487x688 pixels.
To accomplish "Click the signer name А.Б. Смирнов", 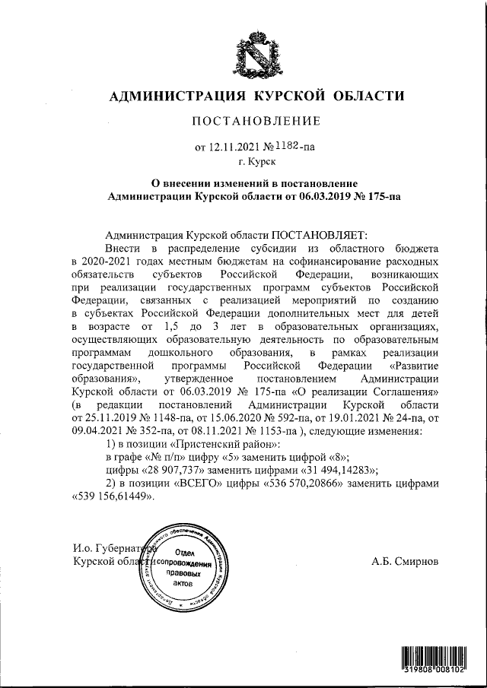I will tap(406, 561).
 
